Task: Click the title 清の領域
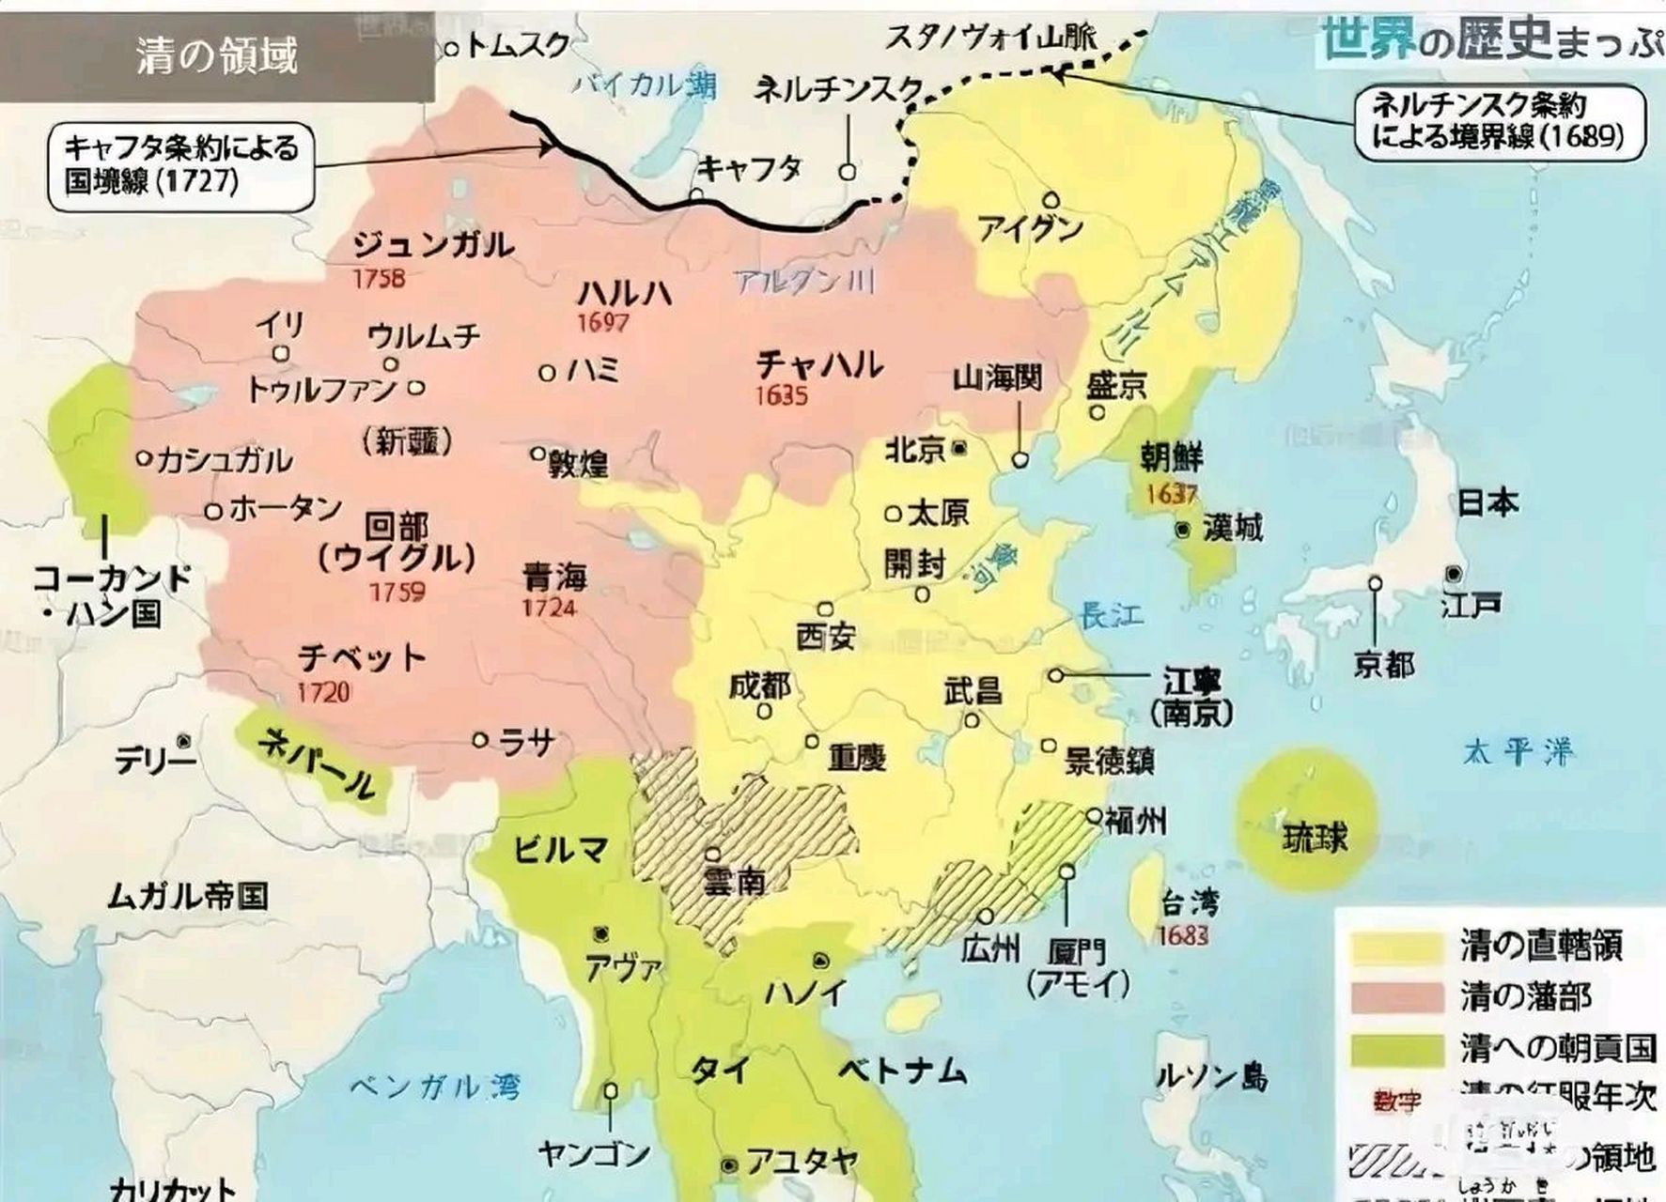coord(217,56)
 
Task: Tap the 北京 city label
coord(915,450)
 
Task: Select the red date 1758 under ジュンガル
coord(379,278)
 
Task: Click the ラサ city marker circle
coord(480,741)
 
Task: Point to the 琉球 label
coord(1315,837)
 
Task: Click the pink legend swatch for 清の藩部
coord(1396,997)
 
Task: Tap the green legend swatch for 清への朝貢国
coord(1396,1049)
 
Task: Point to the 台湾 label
coord(1189,903)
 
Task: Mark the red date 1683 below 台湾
coord(1183,935)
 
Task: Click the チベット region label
coord(362,656)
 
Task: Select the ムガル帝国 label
coord(188,896)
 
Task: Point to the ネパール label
coord(315,762)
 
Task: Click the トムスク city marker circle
coord(452,48)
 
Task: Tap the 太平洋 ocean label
coord(1516,751)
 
